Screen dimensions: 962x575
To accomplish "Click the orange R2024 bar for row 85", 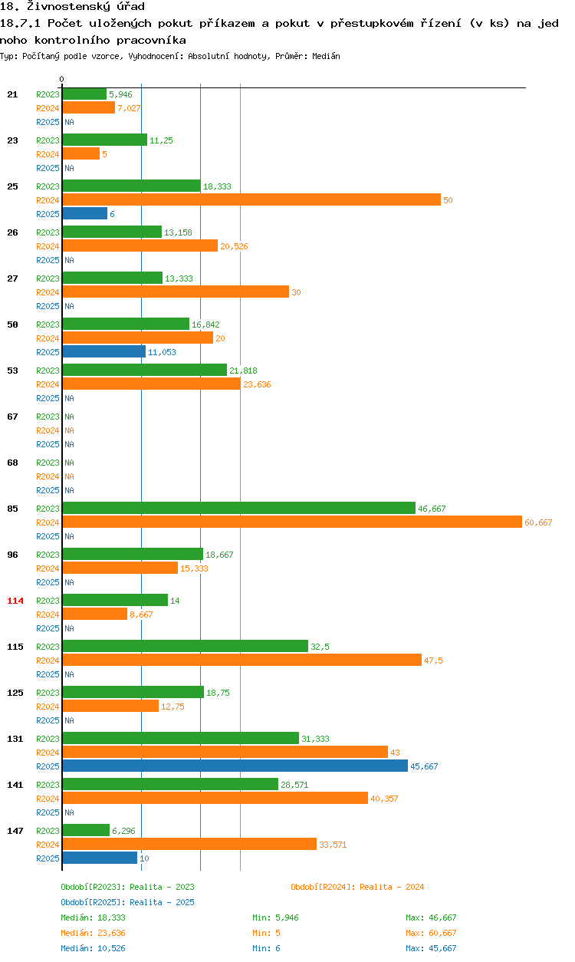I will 291,522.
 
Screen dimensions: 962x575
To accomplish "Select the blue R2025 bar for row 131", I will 235,766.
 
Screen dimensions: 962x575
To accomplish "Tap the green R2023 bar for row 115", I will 185,646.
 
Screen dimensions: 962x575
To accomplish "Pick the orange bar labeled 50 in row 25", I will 251,199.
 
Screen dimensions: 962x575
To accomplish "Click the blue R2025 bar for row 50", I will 103,351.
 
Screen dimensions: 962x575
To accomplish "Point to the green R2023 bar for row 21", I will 84,94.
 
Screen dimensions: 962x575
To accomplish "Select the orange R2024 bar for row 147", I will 189,844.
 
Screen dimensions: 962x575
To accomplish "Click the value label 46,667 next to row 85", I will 432,509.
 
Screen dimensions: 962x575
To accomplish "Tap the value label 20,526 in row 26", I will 234,246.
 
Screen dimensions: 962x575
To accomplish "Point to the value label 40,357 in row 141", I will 384,799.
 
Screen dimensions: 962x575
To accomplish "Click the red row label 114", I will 15,601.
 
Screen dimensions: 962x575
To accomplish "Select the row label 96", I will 12,555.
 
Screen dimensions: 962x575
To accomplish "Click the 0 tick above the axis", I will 62,79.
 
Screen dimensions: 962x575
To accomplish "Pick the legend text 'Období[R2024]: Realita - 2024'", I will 357,887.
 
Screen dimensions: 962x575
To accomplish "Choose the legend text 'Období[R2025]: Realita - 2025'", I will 127,902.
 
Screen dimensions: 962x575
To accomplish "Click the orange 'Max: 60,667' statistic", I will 431,933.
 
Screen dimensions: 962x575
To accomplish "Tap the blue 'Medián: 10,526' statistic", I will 93,948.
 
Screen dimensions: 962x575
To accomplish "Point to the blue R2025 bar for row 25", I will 84,213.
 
